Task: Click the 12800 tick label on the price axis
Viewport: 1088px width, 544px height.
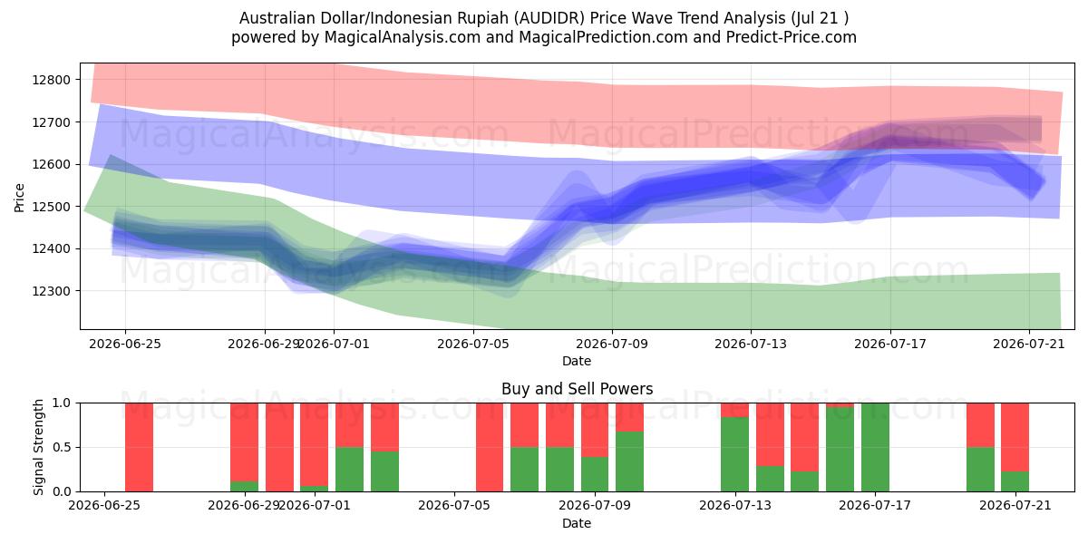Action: click(51, 80)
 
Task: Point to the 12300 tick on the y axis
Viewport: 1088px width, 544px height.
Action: click(51, 291)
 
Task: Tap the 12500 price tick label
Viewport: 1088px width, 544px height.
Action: click(51, 207)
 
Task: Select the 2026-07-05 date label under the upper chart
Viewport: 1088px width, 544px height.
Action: click(473, 344)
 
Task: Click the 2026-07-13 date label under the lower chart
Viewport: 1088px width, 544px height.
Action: click(735, 506)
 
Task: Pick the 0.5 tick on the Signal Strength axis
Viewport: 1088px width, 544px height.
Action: click(62, 447)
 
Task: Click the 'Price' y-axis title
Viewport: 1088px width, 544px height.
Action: click(19, 199)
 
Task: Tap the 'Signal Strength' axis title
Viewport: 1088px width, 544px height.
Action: click(38, 447)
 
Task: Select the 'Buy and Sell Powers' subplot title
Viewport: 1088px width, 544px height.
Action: click(577, 389)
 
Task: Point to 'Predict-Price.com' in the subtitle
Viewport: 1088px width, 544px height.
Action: click(792, 37)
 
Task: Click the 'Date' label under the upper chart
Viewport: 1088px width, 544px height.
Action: click(577, 361)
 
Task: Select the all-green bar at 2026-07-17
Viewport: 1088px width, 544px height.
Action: click(875, 447)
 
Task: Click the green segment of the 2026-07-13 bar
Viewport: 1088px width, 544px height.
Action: click(735, 454)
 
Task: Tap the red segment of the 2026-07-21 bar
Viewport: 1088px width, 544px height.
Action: click(1015, 437)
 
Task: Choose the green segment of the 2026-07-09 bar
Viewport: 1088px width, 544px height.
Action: click(629, 461)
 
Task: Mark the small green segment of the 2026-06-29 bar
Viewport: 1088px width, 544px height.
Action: click(244, 486)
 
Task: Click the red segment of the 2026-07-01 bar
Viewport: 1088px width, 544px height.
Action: click(314, 444)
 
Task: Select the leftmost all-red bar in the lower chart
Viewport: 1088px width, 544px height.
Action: click(139, 447)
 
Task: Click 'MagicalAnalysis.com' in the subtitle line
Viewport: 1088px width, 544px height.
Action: click(403, 37)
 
